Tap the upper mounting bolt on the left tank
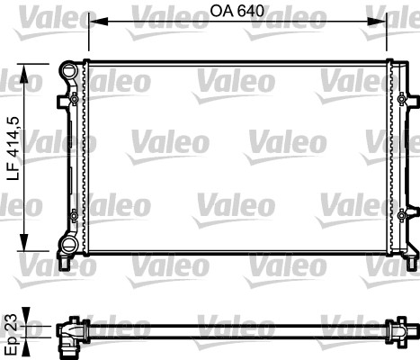coord(72,98)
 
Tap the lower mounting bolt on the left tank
coord(72,215)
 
